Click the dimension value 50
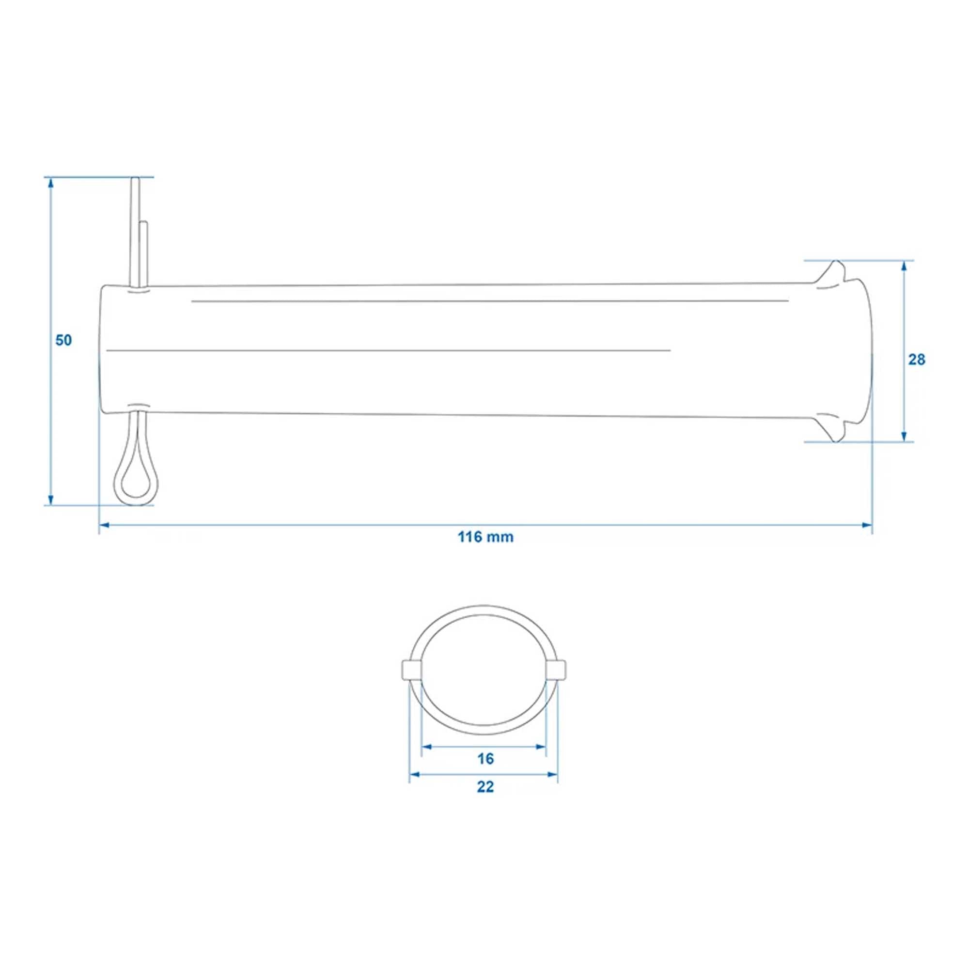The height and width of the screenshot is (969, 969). click(x=63, y=340)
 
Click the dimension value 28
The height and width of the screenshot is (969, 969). click(x=916, y=359)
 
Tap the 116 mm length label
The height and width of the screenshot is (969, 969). click(x=485, y=537)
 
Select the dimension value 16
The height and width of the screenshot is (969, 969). click(x=485, y=759)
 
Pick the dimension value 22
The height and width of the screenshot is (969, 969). click(x=485, y=787)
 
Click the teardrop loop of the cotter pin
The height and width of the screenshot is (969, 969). click(x=137, y=481)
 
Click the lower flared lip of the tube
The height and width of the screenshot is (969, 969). click(x=833, y=430)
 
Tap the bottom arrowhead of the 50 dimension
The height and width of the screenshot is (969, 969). click(x=50, y=500)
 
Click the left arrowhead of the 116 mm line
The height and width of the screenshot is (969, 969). click(x=104, y=525)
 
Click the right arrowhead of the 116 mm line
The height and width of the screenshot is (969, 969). click(x=866, y=525)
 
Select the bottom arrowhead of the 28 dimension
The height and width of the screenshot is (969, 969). click(x=904, y=437)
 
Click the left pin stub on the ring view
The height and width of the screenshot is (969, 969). click(x=411, y=669)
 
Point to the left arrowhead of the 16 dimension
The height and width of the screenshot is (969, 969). click(x=426, y=747)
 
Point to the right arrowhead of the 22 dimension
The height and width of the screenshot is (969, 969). click(x=552, y=775)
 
